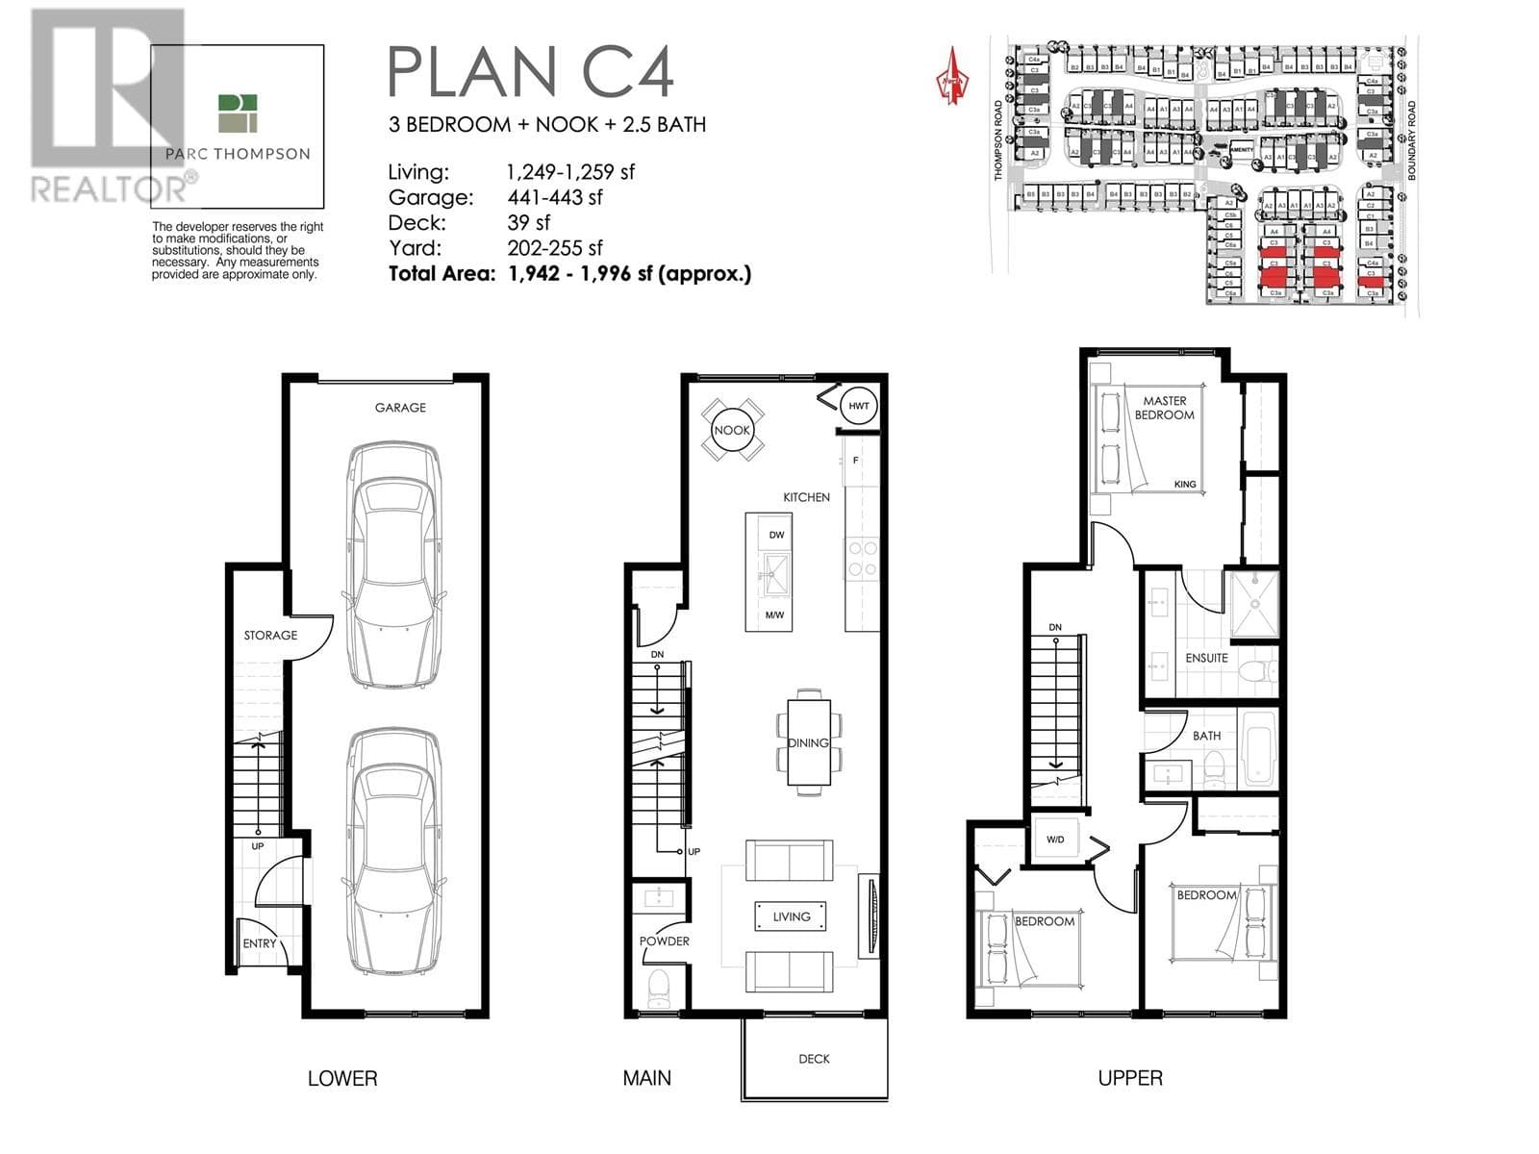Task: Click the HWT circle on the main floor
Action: [x=858, y=406]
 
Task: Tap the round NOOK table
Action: [x=732, y=430]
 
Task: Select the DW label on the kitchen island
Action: [x=776, y=535]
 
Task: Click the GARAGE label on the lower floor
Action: [x=400, y=408]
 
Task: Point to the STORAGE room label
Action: [x=270, y=636]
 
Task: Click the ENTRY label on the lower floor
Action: [x=259, y=943]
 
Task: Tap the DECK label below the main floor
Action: [x=814, y=1059]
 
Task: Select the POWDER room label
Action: [x=665, y=941]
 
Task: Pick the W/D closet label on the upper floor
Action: [x=1055, y=840]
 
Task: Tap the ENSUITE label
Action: [x=1206, y=658]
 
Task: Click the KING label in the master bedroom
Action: [x=1185, y=485]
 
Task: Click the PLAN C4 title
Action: [x=530, y=72]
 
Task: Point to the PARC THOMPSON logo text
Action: [x=238, y=154]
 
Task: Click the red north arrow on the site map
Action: [x=951, y=77]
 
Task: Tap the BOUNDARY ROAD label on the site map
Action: [x=1412, y=140]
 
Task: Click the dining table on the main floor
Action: [x=808, y=742]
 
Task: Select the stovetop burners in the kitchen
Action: [x=862, y=559]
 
